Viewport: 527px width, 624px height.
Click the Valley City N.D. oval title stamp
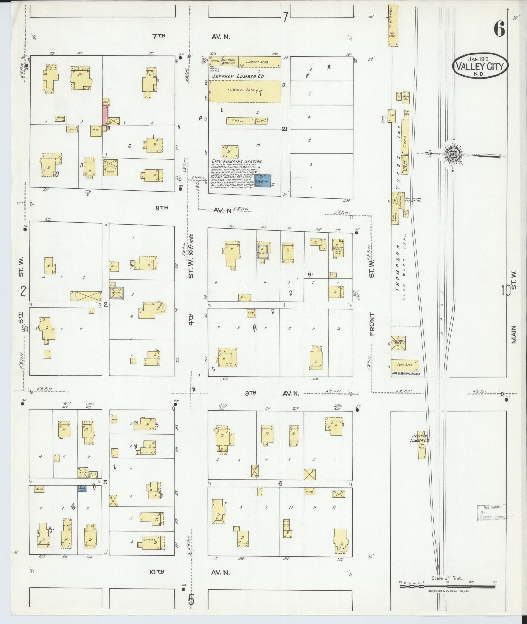(x=480, y=66)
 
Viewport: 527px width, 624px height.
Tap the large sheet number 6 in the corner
(x=499, y=30)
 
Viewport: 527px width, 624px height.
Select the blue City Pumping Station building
(x=263, y=181)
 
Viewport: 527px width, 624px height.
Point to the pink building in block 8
(x=105, y=115)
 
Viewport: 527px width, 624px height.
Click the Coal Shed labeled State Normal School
(x=405, y=365)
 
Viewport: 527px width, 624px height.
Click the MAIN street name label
(x=514, y=334)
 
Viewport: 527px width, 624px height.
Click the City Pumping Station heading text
(x=237, y=161)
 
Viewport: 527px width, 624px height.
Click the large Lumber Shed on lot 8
(x=244, y=92)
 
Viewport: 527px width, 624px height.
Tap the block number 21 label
(x=285, y=129)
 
